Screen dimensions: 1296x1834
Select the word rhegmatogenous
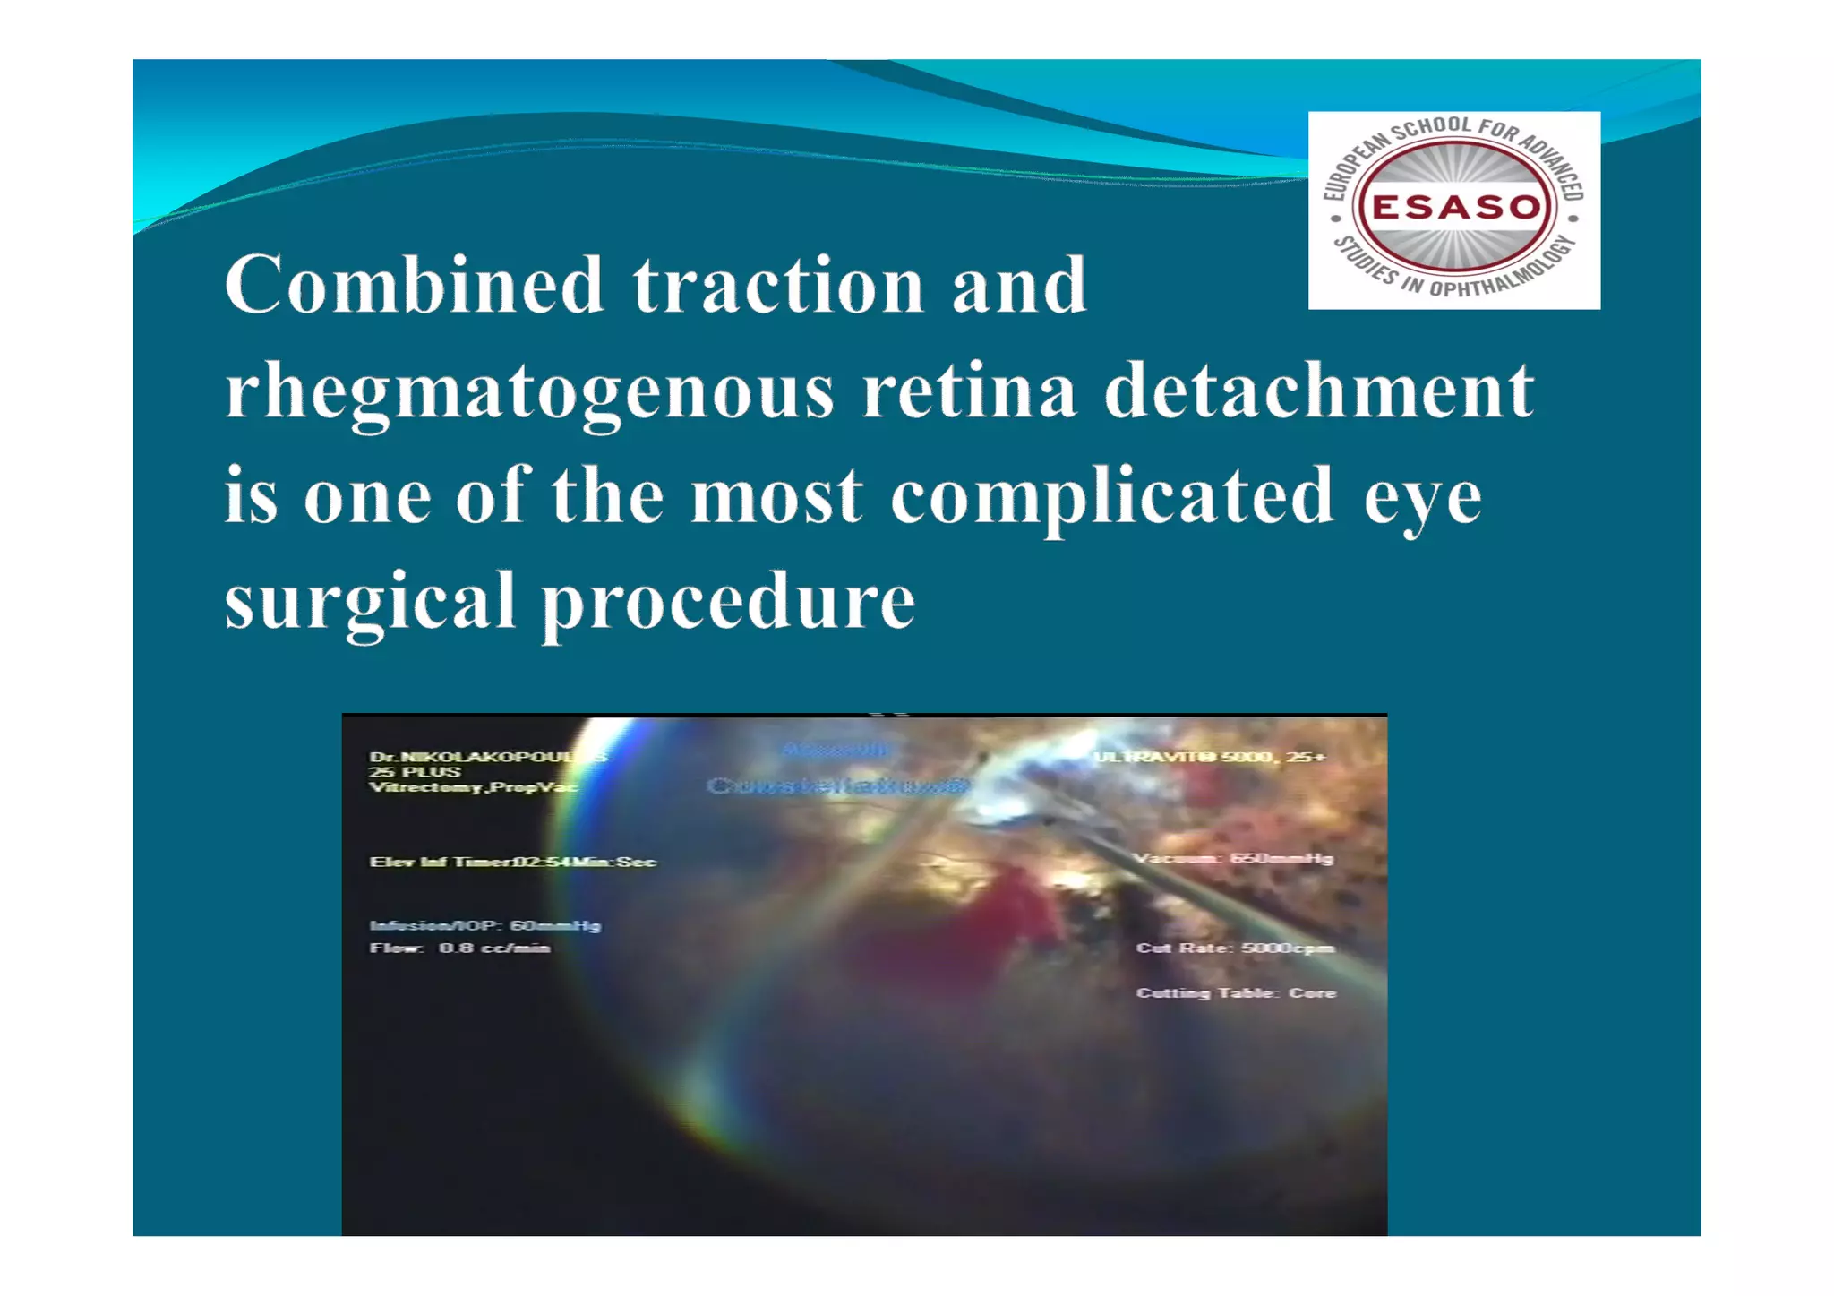pos(529,391)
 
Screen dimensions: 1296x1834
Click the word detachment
pos(1318,391)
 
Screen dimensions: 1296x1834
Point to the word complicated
pos(1111,497)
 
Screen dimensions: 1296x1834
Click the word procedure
pos(729,602)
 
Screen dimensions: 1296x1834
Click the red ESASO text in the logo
pos(1454,208)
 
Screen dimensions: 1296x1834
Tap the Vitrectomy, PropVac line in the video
pos(473,787)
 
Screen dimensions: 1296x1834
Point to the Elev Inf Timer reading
pos(512,862)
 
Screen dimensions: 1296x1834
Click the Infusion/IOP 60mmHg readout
pos(484,925)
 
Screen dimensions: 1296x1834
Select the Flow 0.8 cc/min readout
pos(459,948)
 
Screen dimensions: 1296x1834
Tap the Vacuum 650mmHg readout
pos(1233,858)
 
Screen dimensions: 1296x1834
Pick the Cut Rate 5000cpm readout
pos(1235,948)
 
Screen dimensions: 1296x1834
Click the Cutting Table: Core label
pos(1236,992)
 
